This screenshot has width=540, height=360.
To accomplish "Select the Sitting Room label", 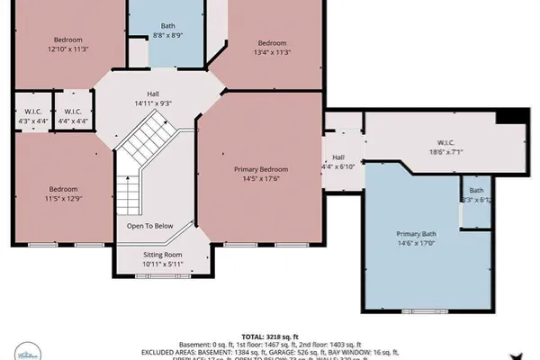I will click(162, 255).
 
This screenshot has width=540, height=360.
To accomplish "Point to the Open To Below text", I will click(149, 226).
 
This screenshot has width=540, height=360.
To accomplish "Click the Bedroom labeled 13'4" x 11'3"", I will click(272, 43).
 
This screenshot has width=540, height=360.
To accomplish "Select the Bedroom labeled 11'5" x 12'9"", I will click(62, 189).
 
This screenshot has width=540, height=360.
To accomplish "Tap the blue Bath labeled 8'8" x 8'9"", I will click(168, 26).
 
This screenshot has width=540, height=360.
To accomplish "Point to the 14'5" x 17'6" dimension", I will click(262, 178).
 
